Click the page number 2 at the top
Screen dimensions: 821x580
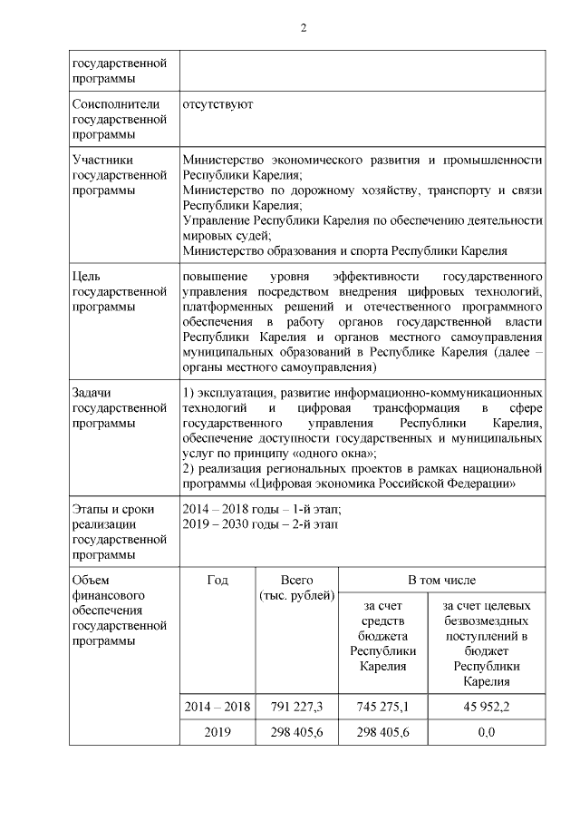[x=304, y=28]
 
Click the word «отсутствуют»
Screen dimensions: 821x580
[x=217, y=103]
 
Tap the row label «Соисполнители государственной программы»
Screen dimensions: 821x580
[x=120, y=119]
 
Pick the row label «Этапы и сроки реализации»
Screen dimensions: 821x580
[x=120, y=531]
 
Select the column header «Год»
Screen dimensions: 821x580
[x=217, y=580]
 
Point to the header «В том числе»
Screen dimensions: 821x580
[x=441, y=580]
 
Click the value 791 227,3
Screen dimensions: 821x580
[x=297, y=707]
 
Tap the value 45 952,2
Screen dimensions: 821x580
[x=486, y=707]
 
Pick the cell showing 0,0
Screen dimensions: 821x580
[x=486, y=732]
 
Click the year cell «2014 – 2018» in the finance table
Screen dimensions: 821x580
[x=217, y=707]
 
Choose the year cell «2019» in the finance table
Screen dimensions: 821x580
[x=217, y=732]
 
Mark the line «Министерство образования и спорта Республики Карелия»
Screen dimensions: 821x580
[x=344, y=250]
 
